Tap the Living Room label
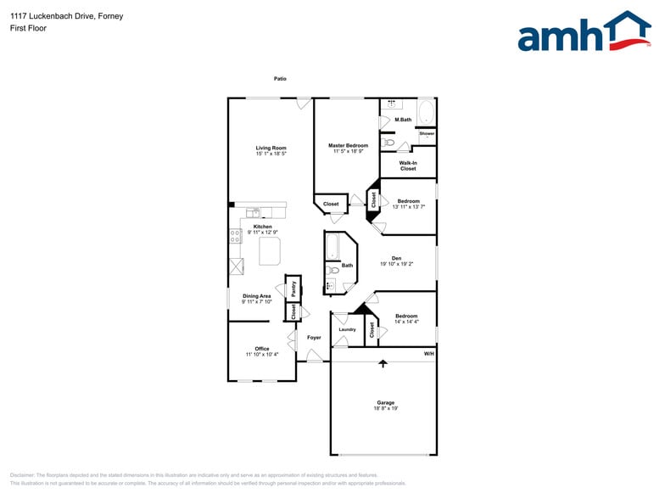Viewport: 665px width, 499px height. pyautogui.click(x=271, y=148)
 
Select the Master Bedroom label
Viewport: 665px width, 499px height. pyautogui.click(x=348, y=146)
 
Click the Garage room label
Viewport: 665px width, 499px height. pyautogui.click(x=386, y=402)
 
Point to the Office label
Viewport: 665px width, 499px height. pyautogui.click(x=261, y=348)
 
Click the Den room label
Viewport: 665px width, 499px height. pyautogui.click(x=396, y=258)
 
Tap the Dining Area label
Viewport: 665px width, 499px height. pyautogui.click(x=256, y=295)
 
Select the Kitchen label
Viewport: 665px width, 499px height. pyautogui.click(x=262, y=227)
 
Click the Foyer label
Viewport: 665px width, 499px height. pyautogui.click(x=314, y=337)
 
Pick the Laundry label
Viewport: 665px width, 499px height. pyautogui.click(x=347, y=329)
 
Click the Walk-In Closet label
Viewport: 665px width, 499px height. pyautogui.click(x=408, y=165)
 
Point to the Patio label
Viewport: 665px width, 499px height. pyautogui.click(x=280, y=79)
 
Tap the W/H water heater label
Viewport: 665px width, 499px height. pyautogui.click(x=429, y=353)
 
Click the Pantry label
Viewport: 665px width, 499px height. pyautogui.click(x=293, y=287)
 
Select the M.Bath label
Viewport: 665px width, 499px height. pyautogui.click(x=404, y=119)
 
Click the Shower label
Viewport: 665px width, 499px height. pyautogui.click(x=427, y=133)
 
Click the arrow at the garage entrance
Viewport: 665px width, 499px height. pyautogui.click(x=383, y=363)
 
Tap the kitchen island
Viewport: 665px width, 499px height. pyautogui.click(x=270, y=250)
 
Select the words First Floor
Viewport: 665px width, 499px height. pyautogui.click(x=29, y=28)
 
